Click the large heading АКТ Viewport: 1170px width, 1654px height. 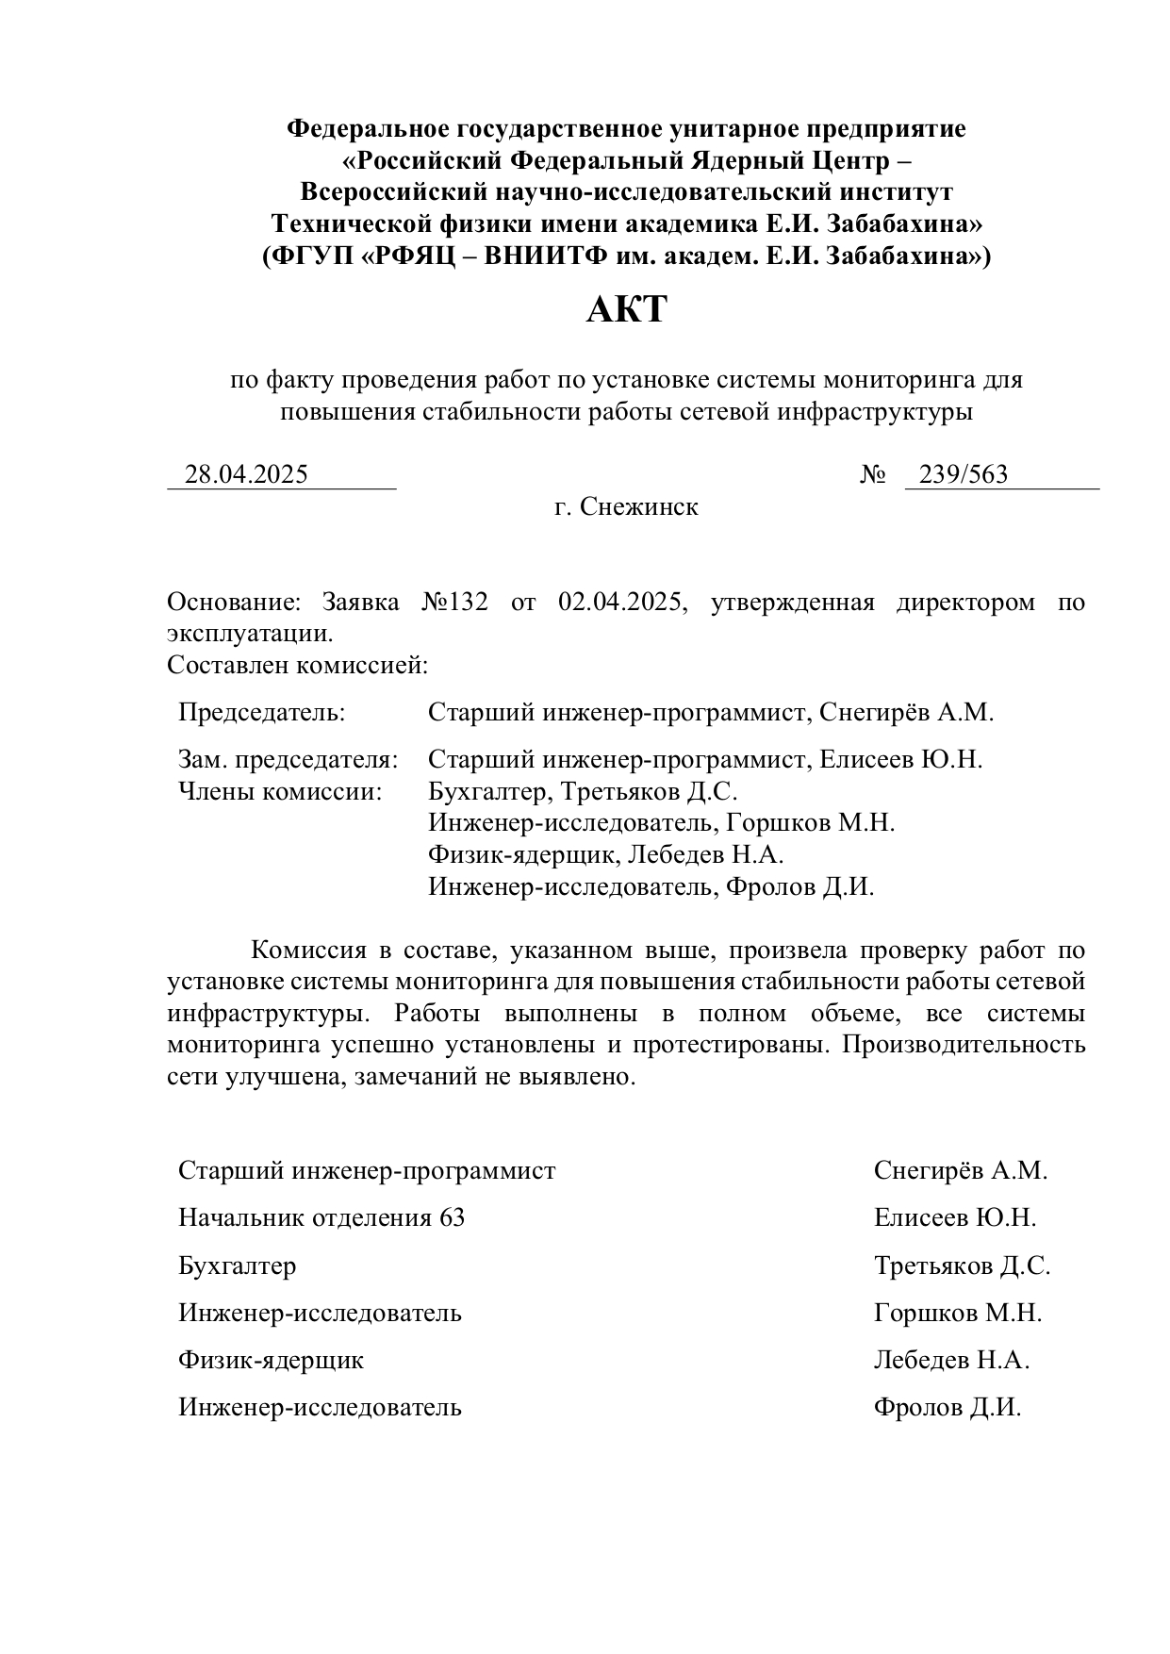pos(626,309)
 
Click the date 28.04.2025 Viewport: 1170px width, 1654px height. pos(246,474)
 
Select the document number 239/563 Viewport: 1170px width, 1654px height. pos(963,474)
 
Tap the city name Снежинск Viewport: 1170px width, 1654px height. pos(639,507)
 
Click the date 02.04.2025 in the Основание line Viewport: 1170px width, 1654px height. pos(619,603)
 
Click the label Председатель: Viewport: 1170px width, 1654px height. pos(262,712)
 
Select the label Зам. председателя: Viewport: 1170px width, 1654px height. pos(288,759)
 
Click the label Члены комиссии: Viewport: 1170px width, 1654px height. pos(280,791)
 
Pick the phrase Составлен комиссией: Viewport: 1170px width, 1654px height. pos(297,666)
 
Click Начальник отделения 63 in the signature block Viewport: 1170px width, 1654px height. pos(321,1217)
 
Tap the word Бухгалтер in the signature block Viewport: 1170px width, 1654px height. pos(237,1265)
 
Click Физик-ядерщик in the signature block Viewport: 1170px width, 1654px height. pos(271,1360)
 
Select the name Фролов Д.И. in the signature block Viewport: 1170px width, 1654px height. pos(948,1408)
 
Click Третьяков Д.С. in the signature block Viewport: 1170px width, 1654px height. pos(962,1265)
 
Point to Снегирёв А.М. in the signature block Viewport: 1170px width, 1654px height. pos(961,1170)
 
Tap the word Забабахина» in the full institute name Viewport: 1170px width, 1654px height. pos(905,224)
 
